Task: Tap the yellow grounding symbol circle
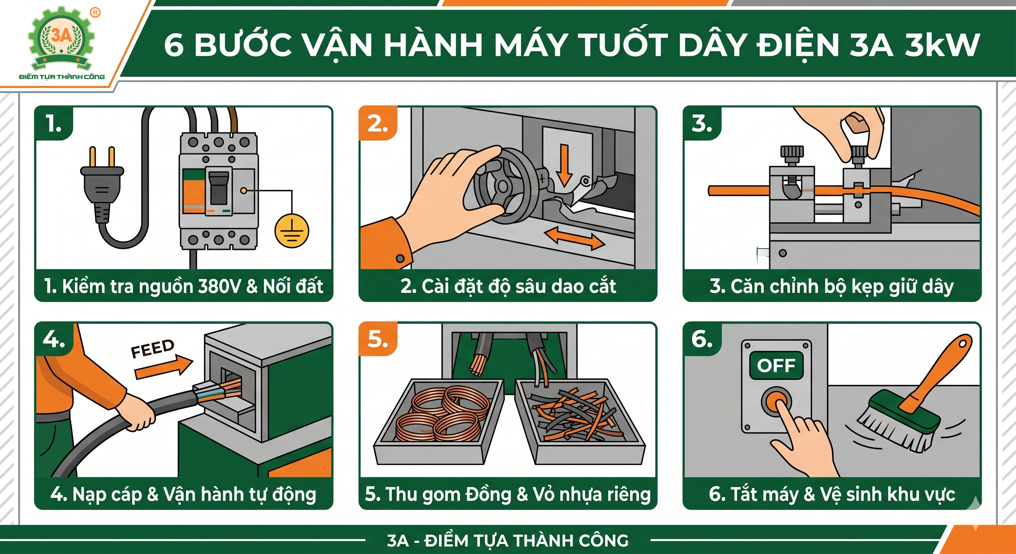point(292,231)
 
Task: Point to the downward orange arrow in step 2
point(564,165)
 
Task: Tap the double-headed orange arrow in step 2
point(574,238)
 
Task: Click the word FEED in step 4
point(152,348)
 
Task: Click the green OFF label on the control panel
point(776,365)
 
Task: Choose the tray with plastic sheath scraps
point(580,422)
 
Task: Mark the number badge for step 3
point(702,123)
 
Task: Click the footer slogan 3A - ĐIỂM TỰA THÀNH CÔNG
point(508,541)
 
